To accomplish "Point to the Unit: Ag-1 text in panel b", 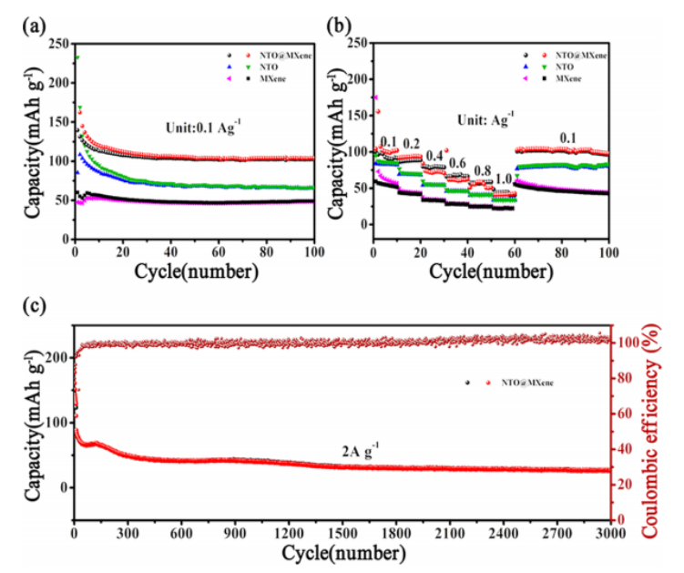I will click(x=486, y=119).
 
